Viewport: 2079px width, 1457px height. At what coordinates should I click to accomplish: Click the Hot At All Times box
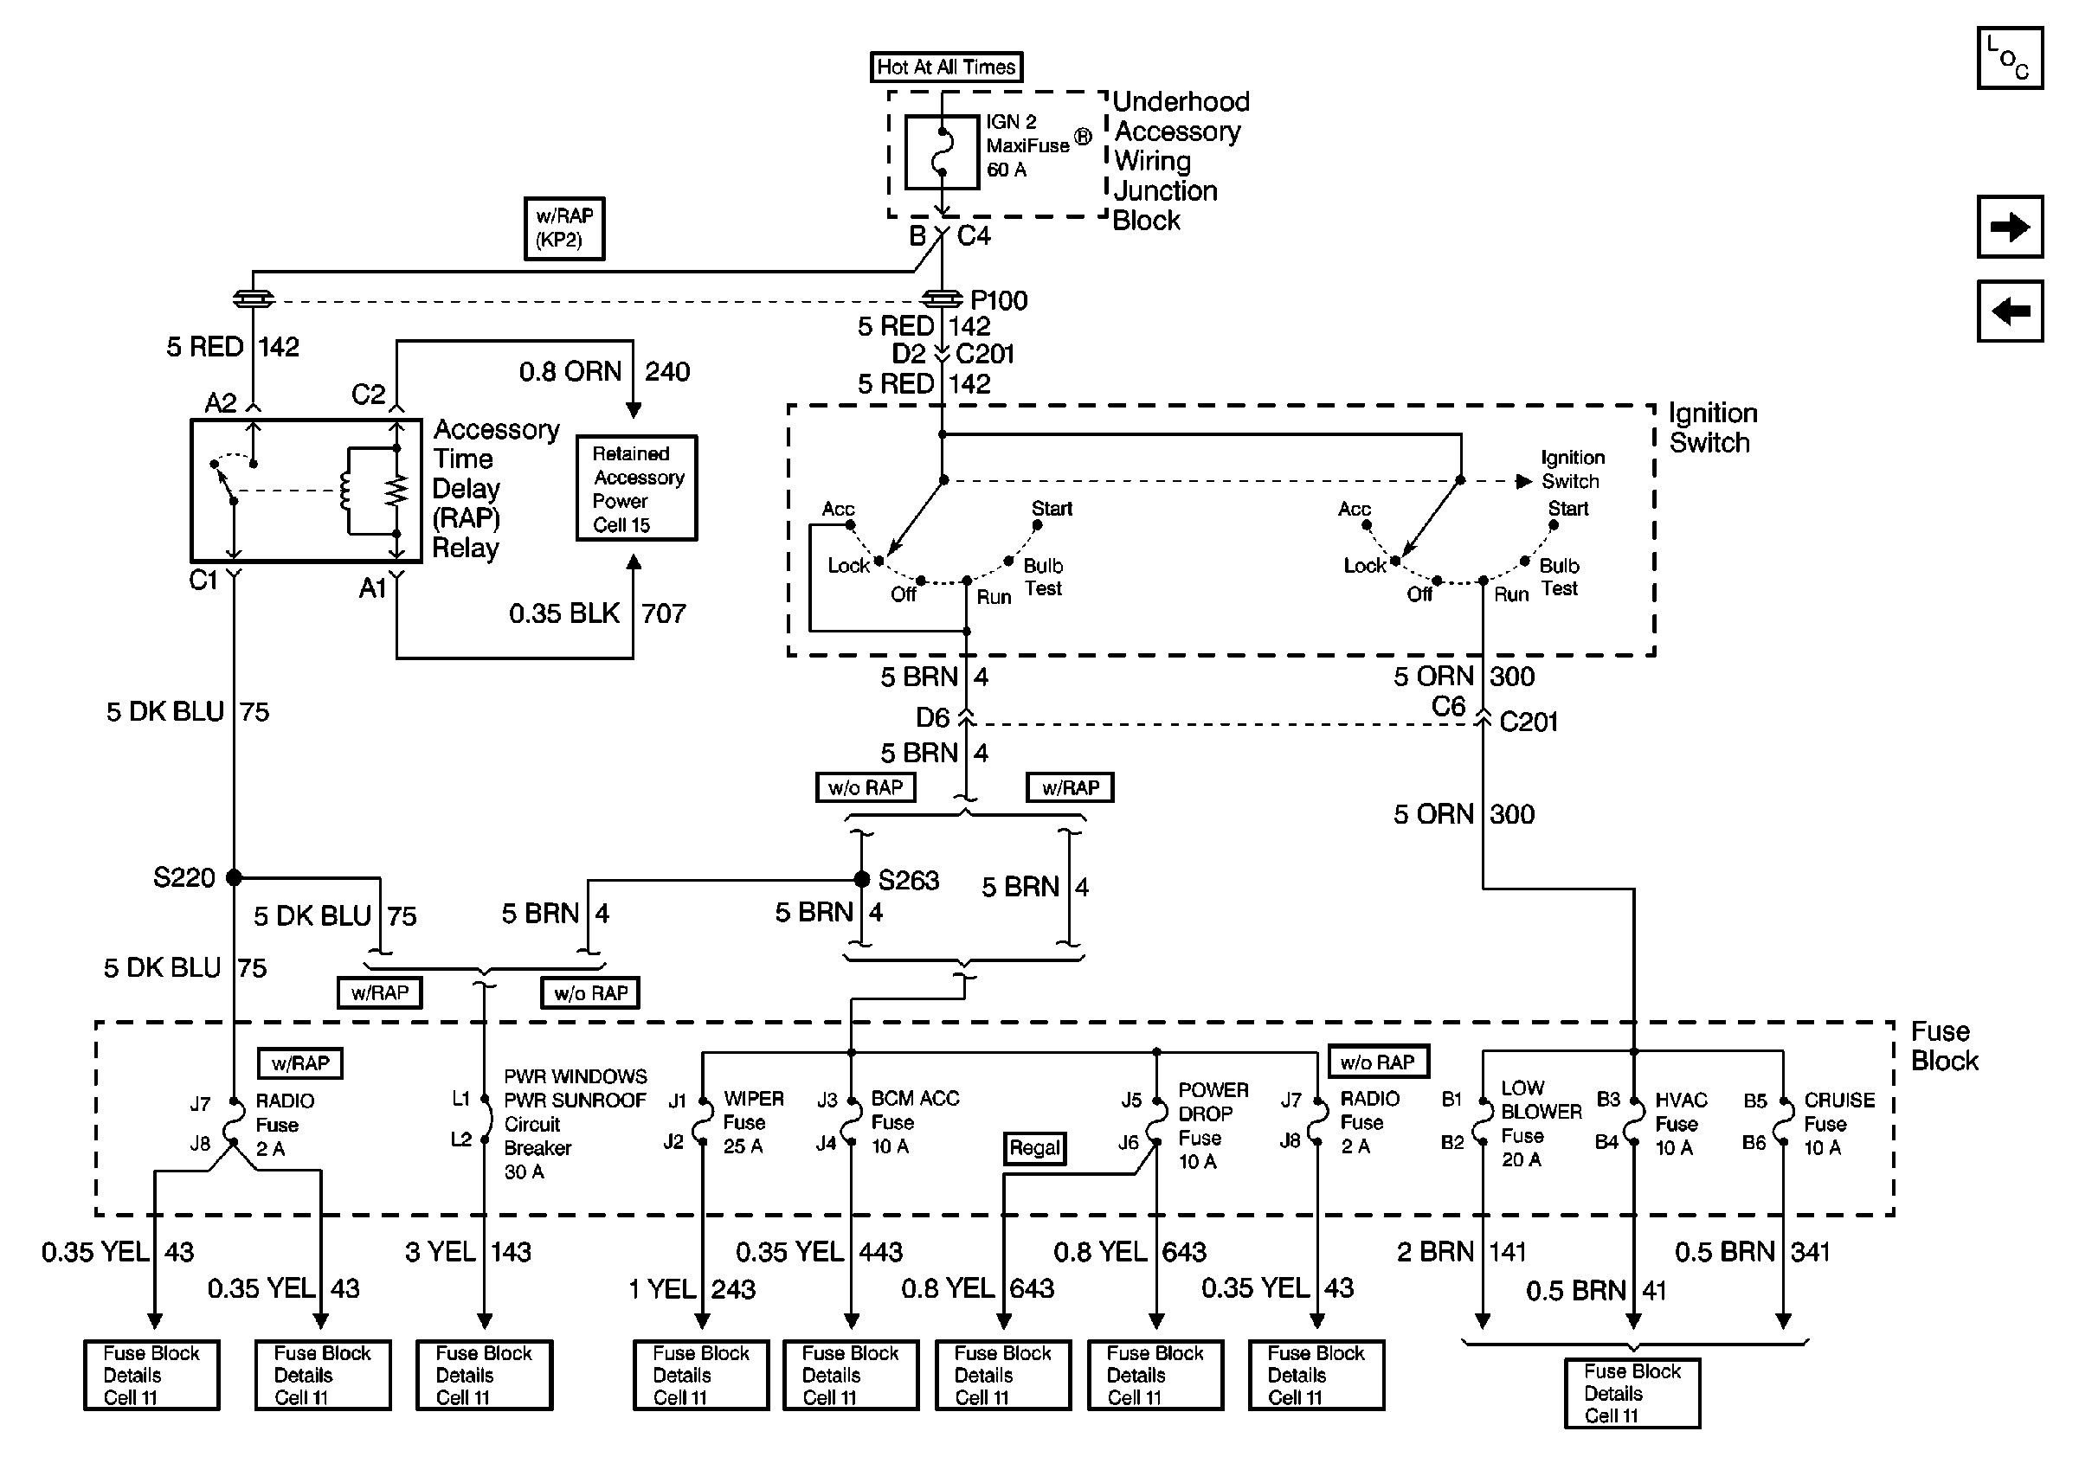click(945, 67)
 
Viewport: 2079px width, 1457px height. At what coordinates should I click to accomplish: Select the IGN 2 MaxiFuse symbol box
click(942, 152)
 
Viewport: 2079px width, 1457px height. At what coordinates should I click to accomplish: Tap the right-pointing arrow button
click(2009, 226)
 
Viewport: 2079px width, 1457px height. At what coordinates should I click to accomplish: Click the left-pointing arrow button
click(2009, 311)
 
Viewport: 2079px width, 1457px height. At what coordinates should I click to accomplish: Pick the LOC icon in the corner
click(2009, 58)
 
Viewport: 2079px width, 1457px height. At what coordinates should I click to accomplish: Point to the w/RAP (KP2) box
click(564, 228)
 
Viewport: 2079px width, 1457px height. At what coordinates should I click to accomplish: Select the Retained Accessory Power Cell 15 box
click(636, 489)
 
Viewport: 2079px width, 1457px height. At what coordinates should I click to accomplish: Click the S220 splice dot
click(234, 877)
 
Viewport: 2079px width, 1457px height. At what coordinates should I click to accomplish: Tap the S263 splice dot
click(862, 879)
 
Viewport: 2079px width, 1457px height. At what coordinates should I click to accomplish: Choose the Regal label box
click(1034, 1147)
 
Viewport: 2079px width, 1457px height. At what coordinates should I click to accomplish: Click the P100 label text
click(999, 300)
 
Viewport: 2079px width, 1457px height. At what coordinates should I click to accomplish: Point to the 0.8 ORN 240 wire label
click(604, 372)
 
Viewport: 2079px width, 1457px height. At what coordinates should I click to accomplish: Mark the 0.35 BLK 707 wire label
click(596, 613)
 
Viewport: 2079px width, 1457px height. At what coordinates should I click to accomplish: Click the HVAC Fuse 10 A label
click(1680, 1124)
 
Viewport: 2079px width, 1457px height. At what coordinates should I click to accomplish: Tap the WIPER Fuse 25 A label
click(752, 1122)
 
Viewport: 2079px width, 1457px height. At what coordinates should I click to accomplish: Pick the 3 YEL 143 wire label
click(467, 1252)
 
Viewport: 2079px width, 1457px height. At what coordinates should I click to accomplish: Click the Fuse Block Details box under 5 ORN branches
click(1632, 1393)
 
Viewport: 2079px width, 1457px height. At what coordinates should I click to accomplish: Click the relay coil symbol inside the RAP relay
click(345, 491)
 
